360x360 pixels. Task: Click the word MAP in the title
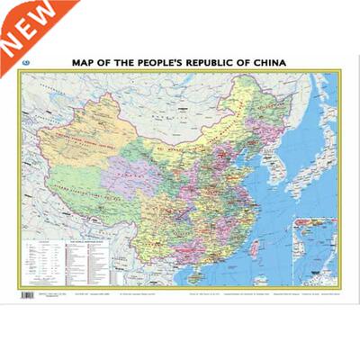coord(83,63)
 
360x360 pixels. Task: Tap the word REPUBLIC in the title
coord(217,63)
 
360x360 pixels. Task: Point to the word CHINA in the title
coord(271,63)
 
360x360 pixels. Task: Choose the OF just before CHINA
coord(247,63)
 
